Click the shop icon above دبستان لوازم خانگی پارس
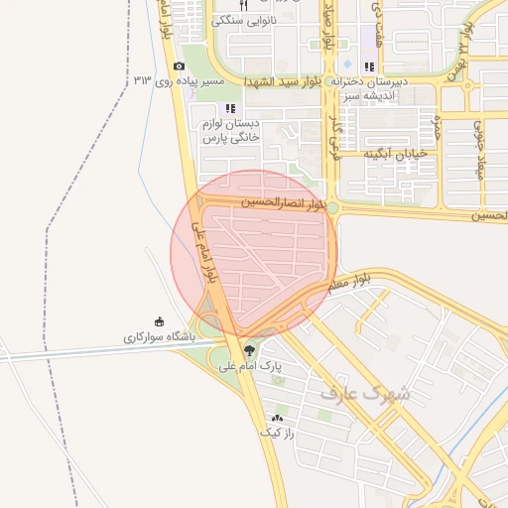click(230, 108)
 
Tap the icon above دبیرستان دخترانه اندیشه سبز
click(369, 66)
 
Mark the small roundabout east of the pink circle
click(333, 207)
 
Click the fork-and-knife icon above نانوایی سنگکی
click(243, 5)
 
